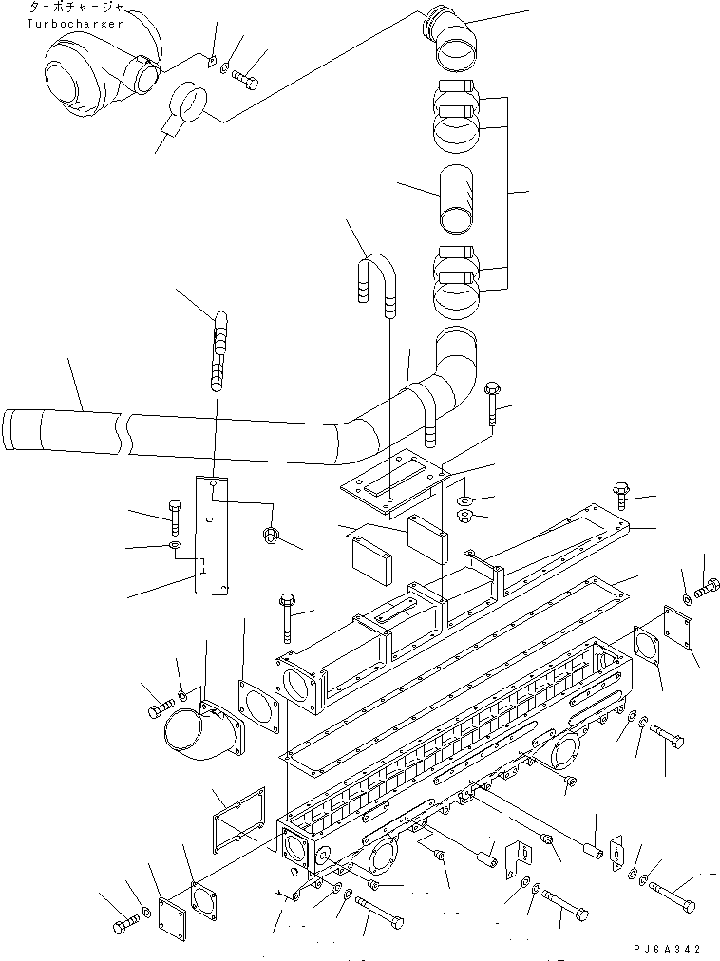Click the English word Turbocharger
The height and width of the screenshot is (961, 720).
(76, 23)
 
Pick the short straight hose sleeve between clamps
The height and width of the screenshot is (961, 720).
(457, 198)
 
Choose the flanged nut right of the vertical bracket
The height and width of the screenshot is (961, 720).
(270, 535)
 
